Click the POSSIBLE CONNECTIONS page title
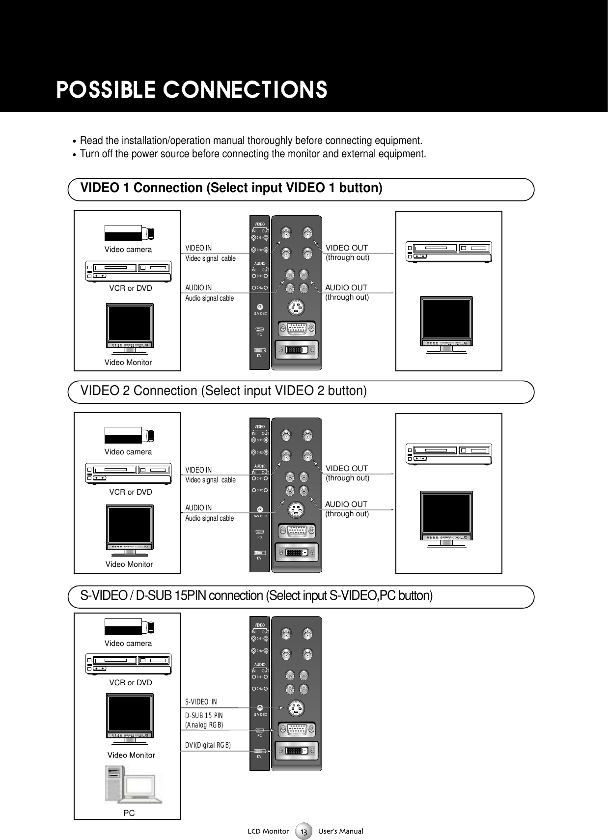click(x=192, y=90)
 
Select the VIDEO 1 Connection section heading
click(x=231, y=188)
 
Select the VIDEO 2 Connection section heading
click(x=223, y=391)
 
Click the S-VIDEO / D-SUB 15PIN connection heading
click(x=256, y=596)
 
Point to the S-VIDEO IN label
click(x=204, y=701)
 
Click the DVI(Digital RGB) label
click(x=207, y=745)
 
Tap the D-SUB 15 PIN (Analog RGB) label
click(x=204, y=721)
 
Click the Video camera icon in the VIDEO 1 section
click(x=130, y=232)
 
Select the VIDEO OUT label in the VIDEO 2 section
click(x=347, y=469)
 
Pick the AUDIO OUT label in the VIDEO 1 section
click(x=346, y=287)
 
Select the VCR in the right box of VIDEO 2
click(x=448, y=453)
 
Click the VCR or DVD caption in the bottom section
click(x=131, y=683)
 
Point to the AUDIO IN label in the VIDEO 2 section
click(x=198, y=508)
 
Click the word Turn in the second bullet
click(x=89, y=154)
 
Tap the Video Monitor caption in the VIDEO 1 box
click(x=128, y=363)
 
